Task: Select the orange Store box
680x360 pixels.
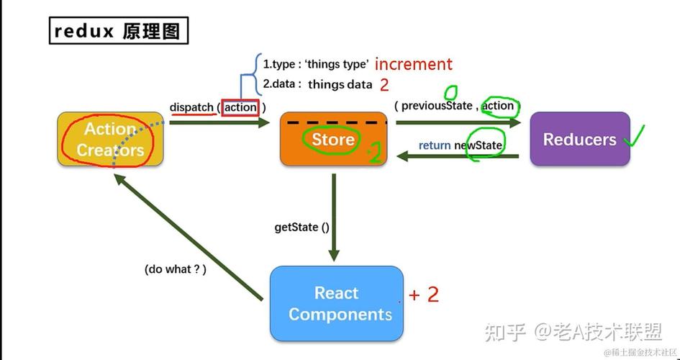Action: [333, 139]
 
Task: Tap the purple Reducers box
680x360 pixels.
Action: [579, 140]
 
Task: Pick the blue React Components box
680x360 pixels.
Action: [337, 303]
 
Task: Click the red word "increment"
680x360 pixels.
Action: [414, 64]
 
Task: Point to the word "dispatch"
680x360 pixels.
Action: [191, 107]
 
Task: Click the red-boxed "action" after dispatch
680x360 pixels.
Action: [240, 107]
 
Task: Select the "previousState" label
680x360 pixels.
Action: [437, 106]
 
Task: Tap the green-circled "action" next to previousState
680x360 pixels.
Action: [498, 106]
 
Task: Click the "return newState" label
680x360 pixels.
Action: [461, 145]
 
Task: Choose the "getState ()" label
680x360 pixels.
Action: [302, 227]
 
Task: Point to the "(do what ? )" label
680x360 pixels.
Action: [176, 269]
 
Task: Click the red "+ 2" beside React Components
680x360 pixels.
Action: [424, 294]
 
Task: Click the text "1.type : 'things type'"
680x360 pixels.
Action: [315, 64]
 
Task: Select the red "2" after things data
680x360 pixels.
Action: [384, 85]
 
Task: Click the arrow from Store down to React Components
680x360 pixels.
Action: [334, 216]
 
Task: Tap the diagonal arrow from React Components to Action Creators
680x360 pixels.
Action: [187, 238]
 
